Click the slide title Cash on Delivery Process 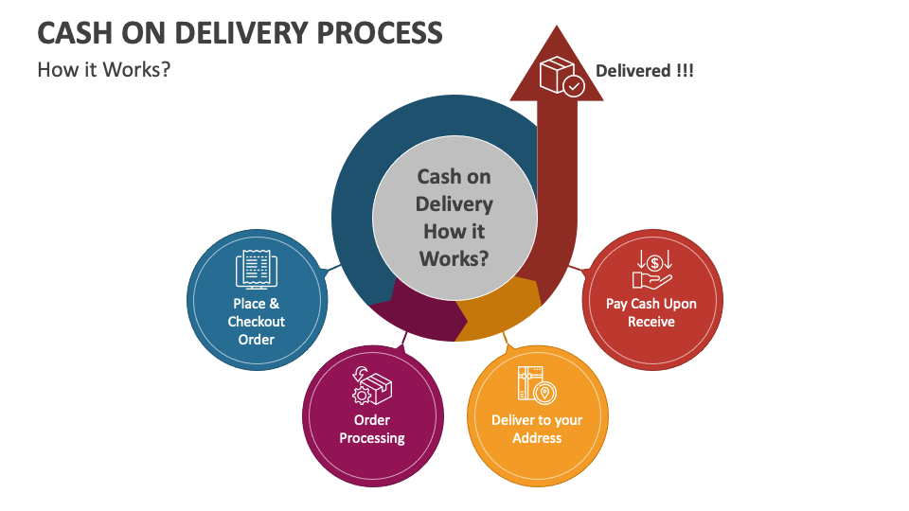pos(240,33)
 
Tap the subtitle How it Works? pos(103,69)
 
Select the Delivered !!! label pos(644,71)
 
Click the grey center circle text pos(454,217)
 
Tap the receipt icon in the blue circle pos(256,269)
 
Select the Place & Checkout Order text pos(256,322)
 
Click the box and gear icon pos(371,386)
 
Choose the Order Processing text pos(372,429)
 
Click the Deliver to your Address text pos(537,429)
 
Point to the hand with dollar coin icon pos(652,268)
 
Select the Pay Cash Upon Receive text pos(651,312)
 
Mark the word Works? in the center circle pos(454,256)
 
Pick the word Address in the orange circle pos(537,438)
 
